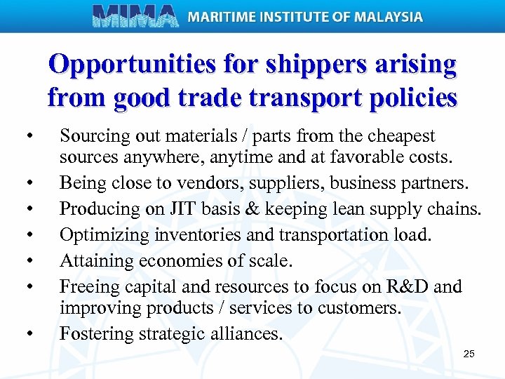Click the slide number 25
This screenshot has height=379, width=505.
[469, 353]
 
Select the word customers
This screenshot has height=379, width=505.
[365, 307]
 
